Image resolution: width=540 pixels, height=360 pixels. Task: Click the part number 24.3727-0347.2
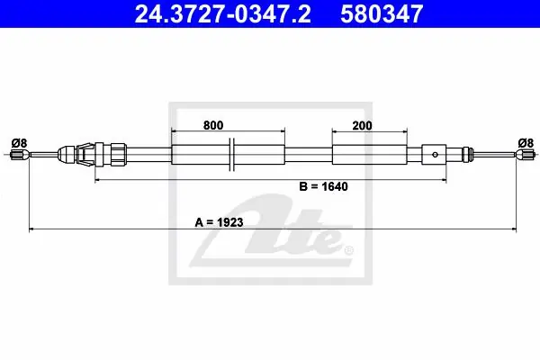(223, 14)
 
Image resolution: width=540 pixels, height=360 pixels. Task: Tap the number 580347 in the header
(382, 14)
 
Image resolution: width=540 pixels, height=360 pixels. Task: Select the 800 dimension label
(213, 125)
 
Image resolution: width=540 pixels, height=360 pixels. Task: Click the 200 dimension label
(362, 126)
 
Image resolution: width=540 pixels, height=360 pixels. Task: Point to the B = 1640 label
(323, 186)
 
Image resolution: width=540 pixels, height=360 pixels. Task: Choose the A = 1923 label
(219, 222)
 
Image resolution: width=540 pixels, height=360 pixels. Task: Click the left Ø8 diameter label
(19, 143)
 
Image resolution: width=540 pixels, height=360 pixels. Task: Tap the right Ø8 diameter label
(526, 142)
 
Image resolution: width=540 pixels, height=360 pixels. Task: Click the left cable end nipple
(20, 154)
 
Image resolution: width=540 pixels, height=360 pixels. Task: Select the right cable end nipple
(525, 154)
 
